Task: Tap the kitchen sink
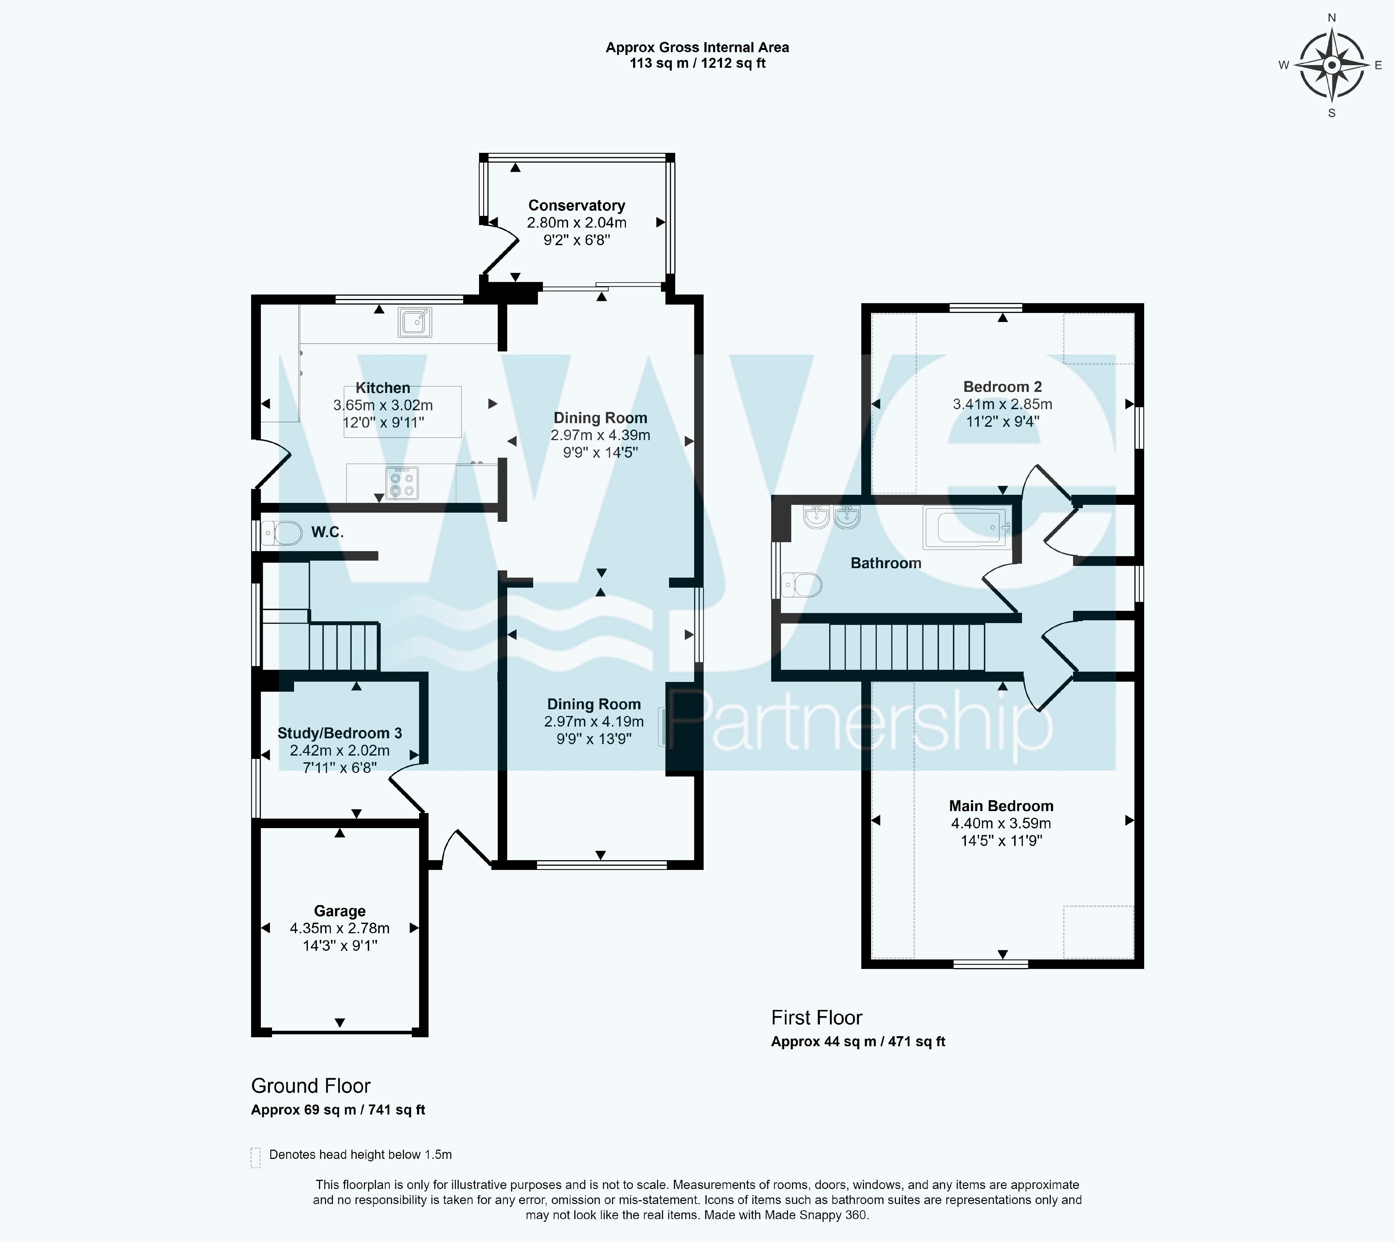coord(415,322)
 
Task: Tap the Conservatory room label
coord(577,205)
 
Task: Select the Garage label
coord(340,911)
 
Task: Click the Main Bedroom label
coord(1001,806)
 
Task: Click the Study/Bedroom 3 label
coord(340,733)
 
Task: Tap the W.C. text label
coord(328,532)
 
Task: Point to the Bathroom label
coord(886,563)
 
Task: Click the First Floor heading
coord(817,1017)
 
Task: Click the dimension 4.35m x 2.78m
coord(340,928)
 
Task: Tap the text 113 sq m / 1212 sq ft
coord(698,64)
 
